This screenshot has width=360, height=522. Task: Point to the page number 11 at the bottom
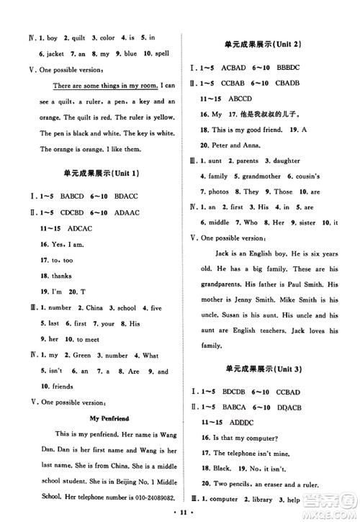coord(180,512)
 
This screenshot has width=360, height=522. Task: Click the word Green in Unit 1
coord(80,355)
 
